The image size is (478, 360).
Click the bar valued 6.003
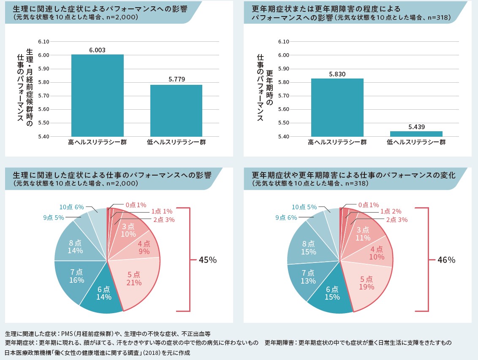click(97, 95)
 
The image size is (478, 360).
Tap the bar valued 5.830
click(337, 107)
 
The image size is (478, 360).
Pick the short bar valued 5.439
click(416, 134)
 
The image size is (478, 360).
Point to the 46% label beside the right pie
click(446, 260)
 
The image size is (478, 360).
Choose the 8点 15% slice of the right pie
click(309, 248)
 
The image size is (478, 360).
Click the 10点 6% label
click(72, 207)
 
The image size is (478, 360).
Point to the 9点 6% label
click(286, 217)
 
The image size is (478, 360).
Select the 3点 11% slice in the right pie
click(363, 234)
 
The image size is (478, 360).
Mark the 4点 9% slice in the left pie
click(144, 249)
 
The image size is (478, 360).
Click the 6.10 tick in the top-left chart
click(43, 41)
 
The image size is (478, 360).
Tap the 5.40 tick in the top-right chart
click(283, 136)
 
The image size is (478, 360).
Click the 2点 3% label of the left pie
click(164, 219)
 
